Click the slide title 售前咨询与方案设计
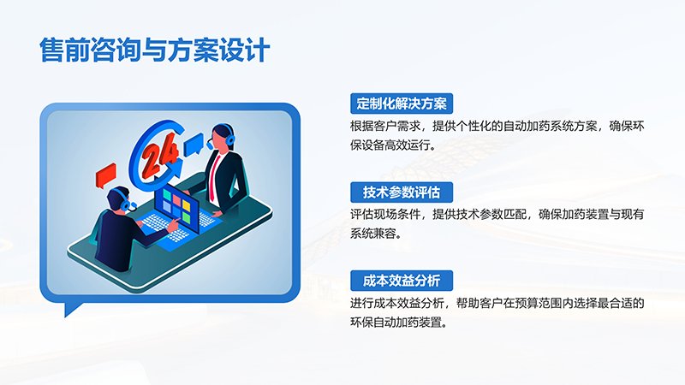coord(154,50)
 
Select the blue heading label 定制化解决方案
coord(401,104)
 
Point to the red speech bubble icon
coord(106,173)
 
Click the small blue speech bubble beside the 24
coord(194,142)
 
